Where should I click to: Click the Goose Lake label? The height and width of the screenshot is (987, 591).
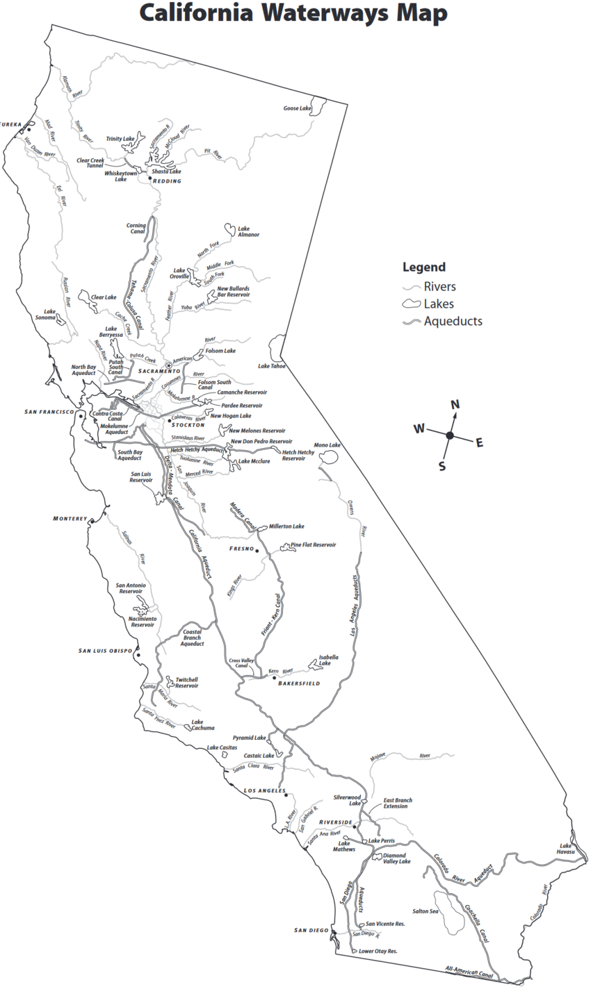click(297, 108)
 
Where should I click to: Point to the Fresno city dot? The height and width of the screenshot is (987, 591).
click(257, 550)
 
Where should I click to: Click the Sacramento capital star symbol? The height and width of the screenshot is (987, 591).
click(168, 365)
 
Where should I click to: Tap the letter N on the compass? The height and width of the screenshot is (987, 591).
click(455, 405)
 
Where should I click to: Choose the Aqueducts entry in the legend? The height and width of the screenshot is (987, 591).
click(453, 321)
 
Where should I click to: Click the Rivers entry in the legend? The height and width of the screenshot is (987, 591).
click(439, 286)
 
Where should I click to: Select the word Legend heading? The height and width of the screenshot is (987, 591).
click(423, 267)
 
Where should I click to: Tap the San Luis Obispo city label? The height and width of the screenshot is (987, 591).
click(105, 651)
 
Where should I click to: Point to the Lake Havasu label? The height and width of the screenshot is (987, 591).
click(565, 849)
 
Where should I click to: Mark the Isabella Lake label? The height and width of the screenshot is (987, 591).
click(329, 660)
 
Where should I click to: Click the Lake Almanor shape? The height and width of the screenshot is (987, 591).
click(227, 227)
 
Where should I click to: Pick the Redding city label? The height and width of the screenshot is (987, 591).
click(167, 181)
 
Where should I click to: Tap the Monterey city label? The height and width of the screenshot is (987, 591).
click(70, 519)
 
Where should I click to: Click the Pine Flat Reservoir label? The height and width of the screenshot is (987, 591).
click(313, 545)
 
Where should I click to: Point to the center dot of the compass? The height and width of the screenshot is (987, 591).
click(450, 436)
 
